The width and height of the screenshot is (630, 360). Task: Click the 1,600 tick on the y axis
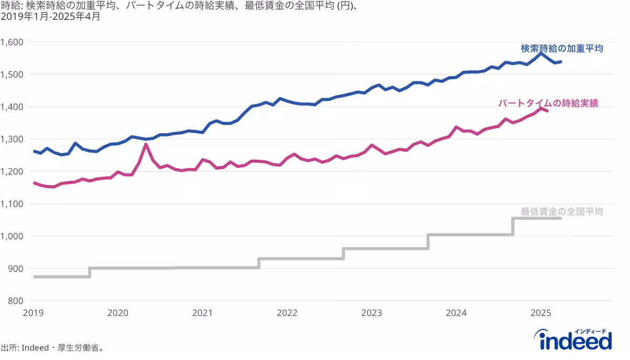12,42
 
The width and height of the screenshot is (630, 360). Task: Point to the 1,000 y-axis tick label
12,236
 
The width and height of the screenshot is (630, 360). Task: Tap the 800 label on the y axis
15,301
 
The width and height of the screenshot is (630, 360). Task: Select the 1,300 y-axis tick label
12,139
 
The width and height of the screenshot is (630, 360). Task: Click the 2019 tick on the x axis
33,313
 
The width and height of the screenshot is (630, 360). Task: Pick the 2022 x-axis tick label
287,313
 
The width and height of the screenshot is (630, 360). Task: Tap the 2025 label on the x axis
541,313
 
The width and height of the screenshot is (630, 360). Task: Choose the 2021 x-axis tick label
202,313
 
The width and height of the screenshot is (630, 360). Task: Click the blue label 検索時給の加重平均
562,48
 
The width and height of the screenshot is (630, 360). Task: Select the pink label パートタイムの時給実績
548,103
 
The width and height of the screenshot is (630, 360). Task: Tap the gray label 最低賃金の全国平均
562,211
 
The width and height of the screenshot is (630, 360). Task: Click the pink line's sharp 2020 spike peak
146,144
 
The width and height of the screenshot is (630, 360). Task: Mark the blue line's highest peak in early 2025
541,52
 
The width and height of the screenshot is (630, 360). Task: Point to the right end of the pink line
548,111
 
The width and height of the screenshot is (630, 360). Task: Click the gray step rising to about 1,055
513,226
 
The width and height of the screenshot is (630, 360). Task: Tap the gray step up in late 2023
428,241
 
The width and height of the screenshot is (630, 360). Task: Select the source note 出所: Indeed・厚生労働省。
52,347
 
